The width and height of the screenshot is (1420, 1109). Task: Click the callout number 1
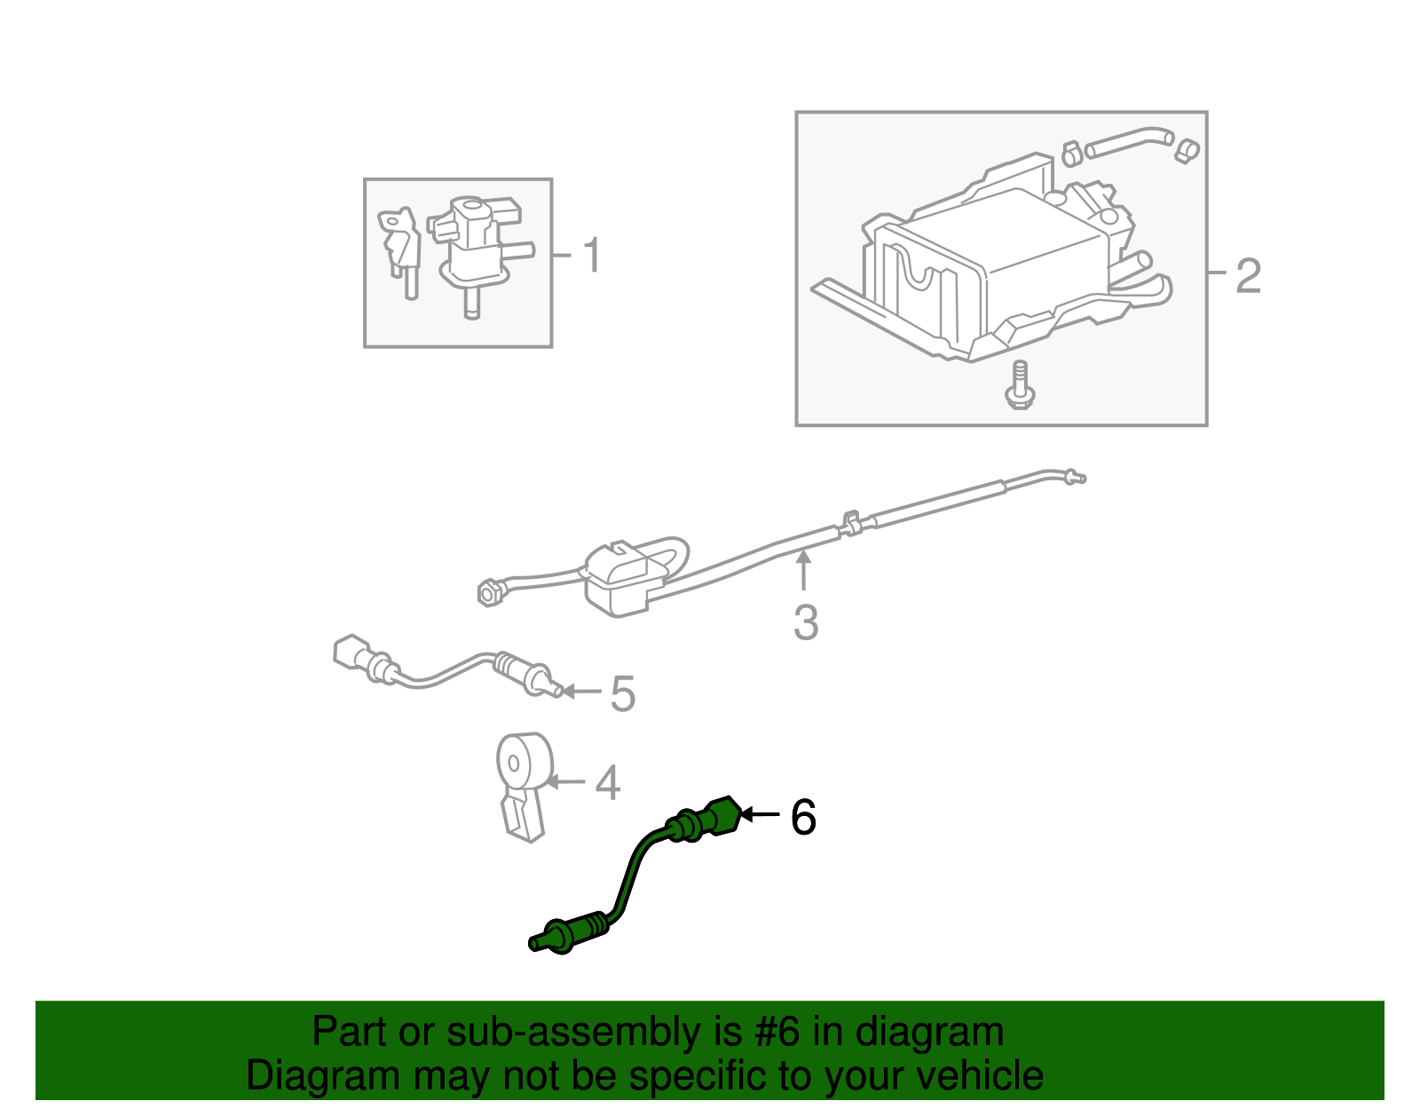593,256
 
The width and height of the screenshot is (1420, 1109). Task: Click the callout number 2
1248,276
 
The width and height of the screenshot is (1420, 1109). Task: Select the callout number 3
805,622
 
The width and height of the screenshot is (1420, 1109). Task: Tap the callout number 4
607,783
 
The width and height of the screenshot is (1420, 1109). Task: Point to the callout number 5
623,693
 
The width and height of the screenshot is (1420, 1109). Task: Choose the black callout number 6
803,817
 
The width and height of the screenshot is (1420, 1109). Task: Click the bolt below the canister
1019,385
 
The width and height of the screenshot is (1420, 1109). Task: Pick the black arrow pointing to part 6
759,814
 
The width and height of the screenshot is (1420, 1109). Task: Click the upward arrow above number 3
803,569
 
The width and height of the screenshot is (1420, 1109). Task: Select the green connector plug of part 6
722,815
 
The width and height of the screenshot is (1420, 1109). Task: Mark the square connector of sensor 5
348,652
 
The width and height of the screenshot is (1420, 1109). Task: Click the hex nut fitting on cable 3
487,592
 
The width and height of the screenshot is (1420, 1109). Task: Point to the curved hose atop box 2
1129,141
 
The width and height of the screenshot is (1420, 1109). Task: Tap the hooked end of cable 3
1075,477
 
